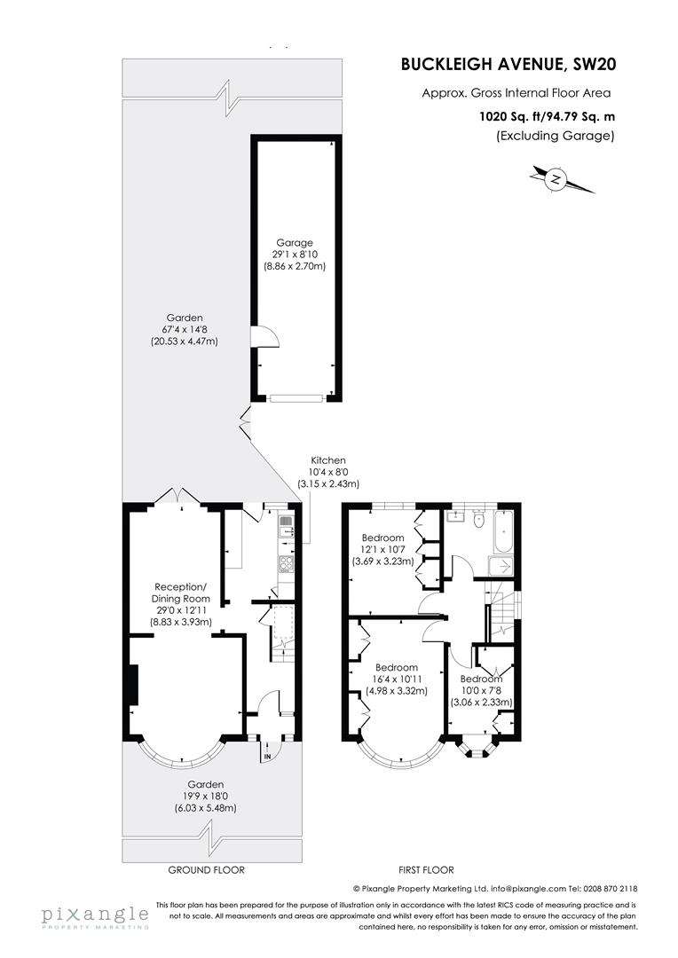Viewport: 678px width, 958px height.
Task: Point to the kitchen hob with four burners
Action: (288, 563)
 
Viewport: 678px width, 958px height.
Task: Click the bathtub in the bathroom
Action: (506, 532)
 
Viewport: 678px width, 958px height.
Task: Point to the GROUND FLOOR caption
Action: (208, 870)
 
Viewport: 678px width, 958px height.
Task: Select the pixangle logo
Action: (95, 915)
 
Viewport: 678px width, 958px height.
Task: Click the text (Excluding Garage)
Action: (556, 136)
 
